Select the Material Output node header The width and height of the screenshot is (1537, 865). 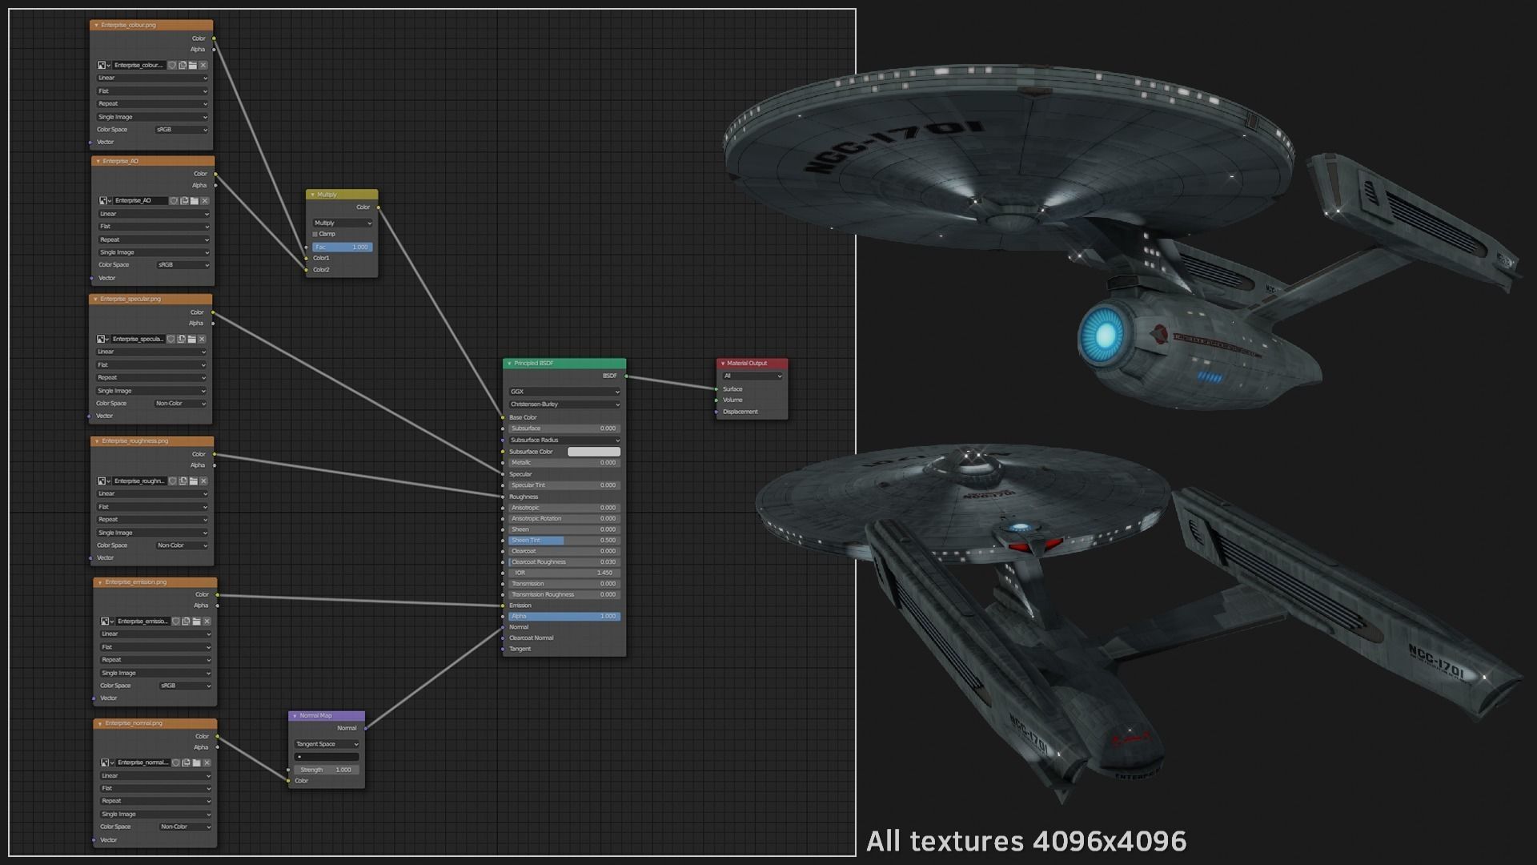coord(752,364)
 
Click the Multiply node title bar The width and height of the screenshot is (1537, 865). coord(342,195)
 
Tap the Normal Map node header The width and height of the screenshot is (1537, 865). coord(327,716)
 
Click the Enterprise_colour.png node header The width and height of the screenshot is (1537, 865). coord(151,26)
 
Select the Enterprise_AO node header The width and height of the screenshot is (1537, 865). coord(152,161)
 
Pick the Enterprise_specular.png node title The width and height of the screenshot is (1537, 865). coord(150,300)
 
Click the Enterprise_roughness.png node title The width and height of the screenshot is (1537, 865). coord(152,441)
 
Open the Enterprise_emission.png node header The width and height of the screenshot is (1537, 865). coord(155,582)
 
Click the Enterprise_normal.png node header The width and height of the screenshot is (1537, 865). coord(155,723)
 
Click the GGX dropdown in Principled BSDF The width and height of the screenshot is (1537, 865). coord(564,392)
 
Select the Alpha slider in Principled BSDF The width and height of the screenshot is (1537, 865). coord(564,617)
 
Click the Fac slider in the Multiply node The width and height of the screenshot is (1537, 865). coord(342,247)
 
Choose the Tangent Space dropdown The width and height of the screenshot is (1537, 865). coord(327,744)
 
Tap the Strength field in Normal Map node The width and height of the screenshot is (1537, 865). coord(327,770)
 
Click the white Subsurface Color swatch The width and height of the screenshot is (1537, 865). coord(594,452)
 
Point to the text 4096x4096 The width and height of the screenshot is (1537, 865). coord(1110,842)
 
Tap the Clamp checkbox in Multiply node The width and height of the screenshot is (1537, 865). coord(315,235)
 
